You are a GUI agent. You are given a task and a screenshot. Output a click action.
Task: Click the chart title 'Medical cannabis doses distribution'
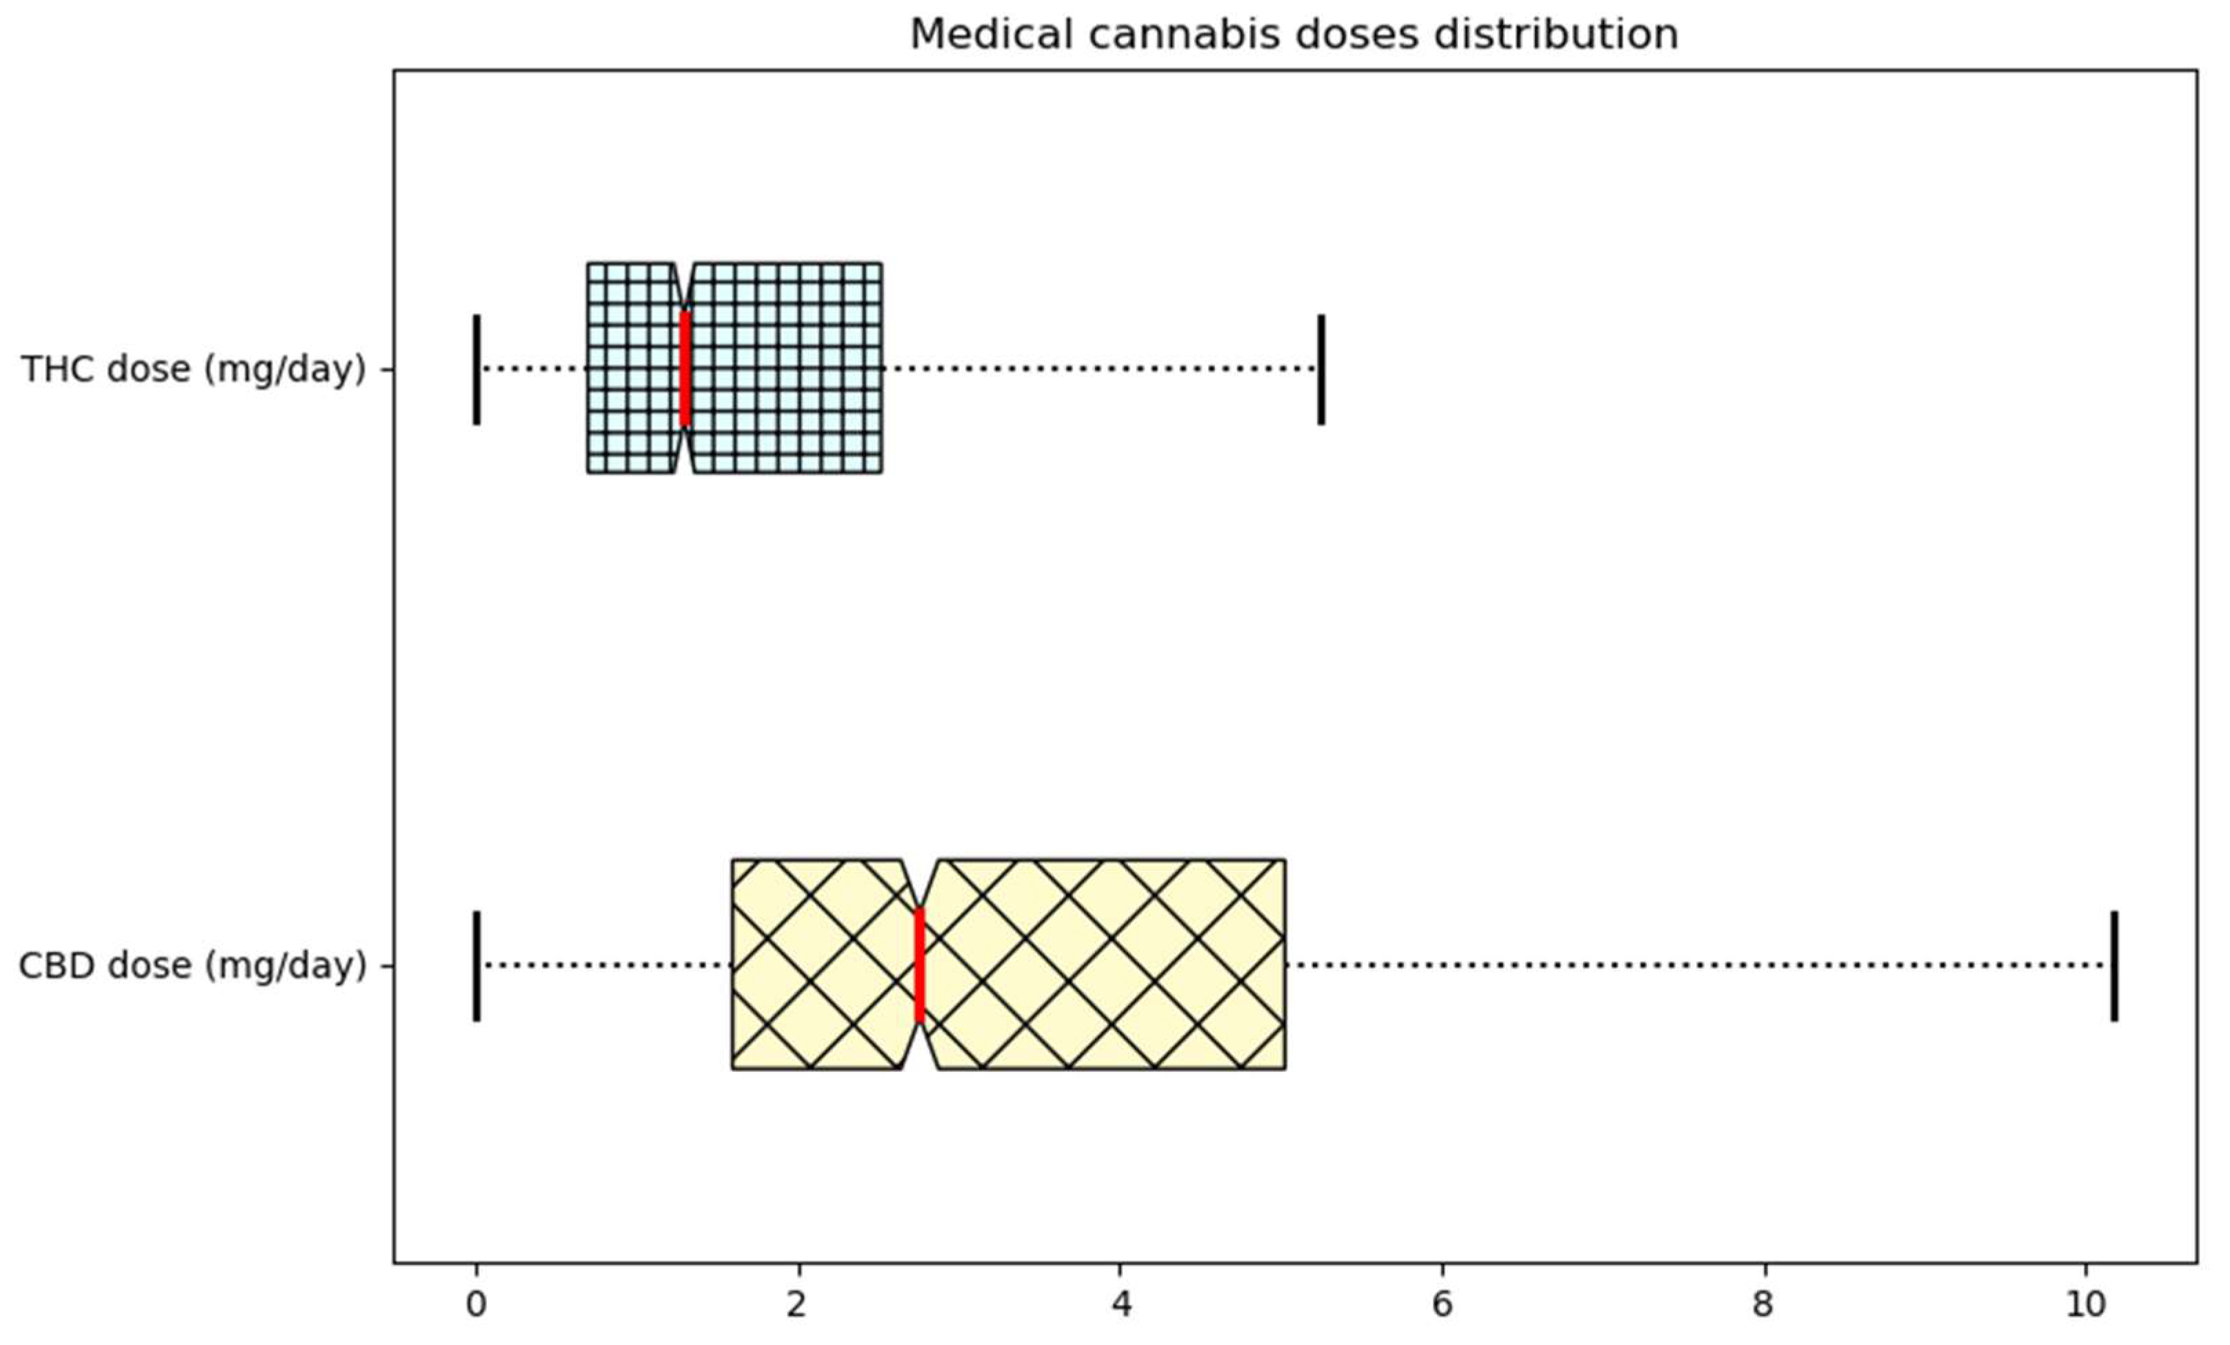pos(1294,34)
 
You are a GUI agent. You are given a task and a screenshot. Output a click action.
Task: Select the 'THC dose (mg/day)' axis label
pos(194,370)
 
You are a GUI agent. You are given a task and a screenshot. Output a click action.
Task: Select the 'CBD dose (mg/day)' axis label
pos(193,966)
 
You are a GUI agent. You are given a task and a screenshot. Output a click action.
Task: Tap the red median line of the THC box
pos(685,368)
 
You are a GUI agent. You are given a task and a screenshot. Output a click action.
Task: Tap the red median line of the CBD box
pos(920,965)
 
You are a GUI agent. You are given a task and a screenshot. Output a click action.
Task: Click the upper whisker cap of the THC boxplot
pos(1320,370)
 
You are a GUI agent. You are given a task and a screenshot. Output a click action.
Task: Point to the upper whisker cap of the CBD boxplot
pos(2114,966)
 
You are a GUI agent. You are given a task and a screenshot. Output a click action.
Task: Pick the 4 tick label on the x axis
pos(1121,1304)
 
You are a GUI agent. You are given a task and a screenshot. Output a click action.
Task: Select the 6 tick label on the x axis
pos(1442,1304)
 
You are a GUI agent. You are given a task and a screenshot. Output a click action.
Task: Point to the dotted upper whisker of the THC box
pos(1100,370)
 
